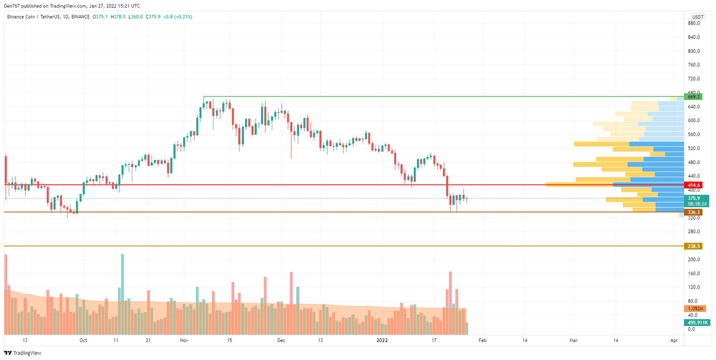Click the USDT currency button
click(x=698, y=16)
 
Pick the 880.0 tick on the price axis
click(x=694, y=23)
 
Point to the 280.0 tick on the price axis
click(x=694, y=232)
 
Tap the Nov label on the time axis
click(x=184, y=340)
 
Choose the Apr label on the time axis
click(x=674, y=340)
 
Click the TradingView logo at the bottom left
click(x=23, y=353)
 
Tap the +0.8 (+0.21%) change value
click(x=177, y=17)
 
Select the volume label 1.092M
click(x=695, y=309)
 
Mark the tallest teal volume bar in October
click(x=123, y=294)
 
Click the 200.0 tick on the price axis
click(x=694, y=259)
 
